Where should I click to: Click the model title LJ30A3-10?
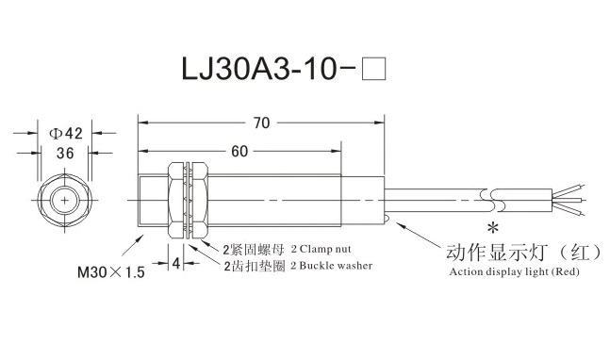[258, 69]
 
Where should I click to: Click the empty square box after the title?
[373, 69]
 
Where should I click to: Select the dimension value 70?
[261, 123]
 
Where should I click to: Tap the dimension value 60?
[239, 151]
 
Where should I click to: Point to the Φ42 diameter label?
[65, 133]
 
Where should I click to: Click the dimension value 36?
[65, 154]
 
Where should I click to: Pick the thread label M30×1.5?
[111, 271]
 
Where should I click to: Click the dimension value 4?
[176, 263]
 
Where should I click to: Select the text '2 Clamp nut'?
[321, 249]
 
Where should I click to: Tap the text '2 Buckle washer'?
[332, 266]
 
